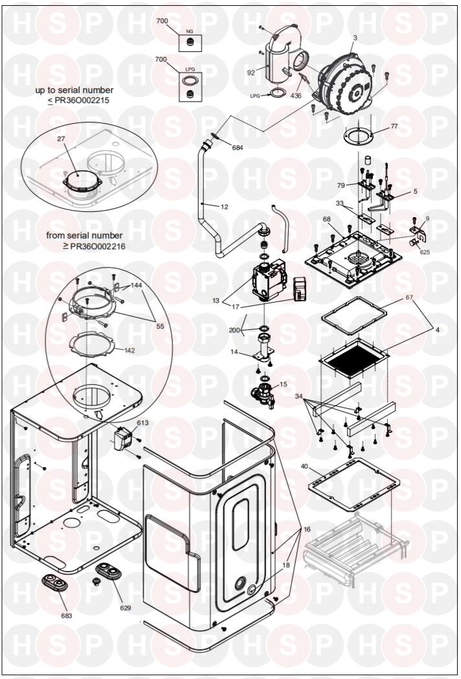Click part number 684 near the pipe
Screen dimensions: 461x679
pos(238,148)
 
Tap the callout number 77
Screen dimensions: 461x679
pos(394,126)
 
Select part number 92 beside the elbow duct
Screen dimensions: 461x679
pos(251,73)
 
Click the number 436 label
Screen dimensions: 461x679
pos(296,95)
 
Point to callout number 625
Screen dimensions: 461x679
pos(425,252)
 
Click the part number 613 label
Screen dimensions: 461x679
pos(142,422)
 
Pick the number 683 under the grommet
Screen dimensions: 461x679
pos(67,616)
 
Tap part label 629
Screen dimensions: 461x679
pos(126,608)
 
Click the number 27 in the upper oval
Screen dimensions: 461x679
pos(61,139)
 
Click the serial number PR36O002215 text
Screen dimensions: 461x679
pos(82,100)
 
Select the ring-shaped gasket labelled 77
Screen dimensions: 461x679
pos(359,138)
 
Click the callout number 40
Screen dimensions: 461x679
pos(304,466)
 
